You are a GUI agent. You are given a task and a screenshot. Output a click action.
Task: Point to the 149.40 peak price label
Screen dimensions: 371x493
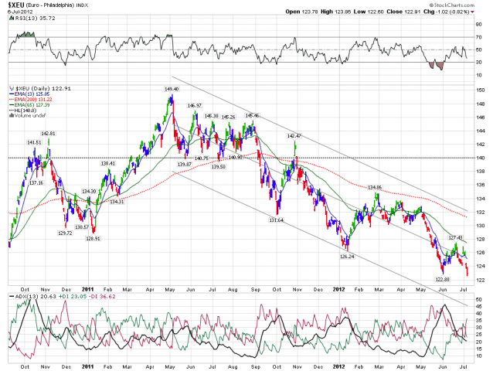[172, 89]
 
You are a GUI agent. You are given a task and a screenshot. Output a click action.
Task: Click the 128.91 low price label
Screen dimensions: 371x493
[93, 239]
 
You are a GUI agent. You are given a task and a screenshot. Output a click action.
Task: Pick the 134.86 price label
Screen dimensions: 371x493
[374, 187]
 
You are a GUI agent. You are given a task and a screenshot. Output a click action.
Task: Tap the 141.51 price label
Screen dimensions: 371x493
[34, 142]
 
